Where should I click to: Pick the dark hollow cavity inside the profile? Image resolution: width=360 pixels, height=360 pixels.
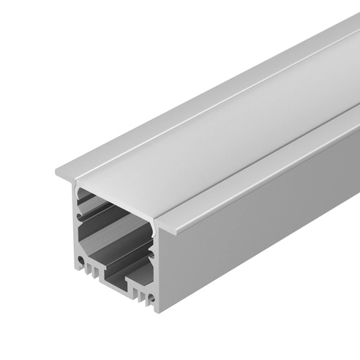tap(117, 220)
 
